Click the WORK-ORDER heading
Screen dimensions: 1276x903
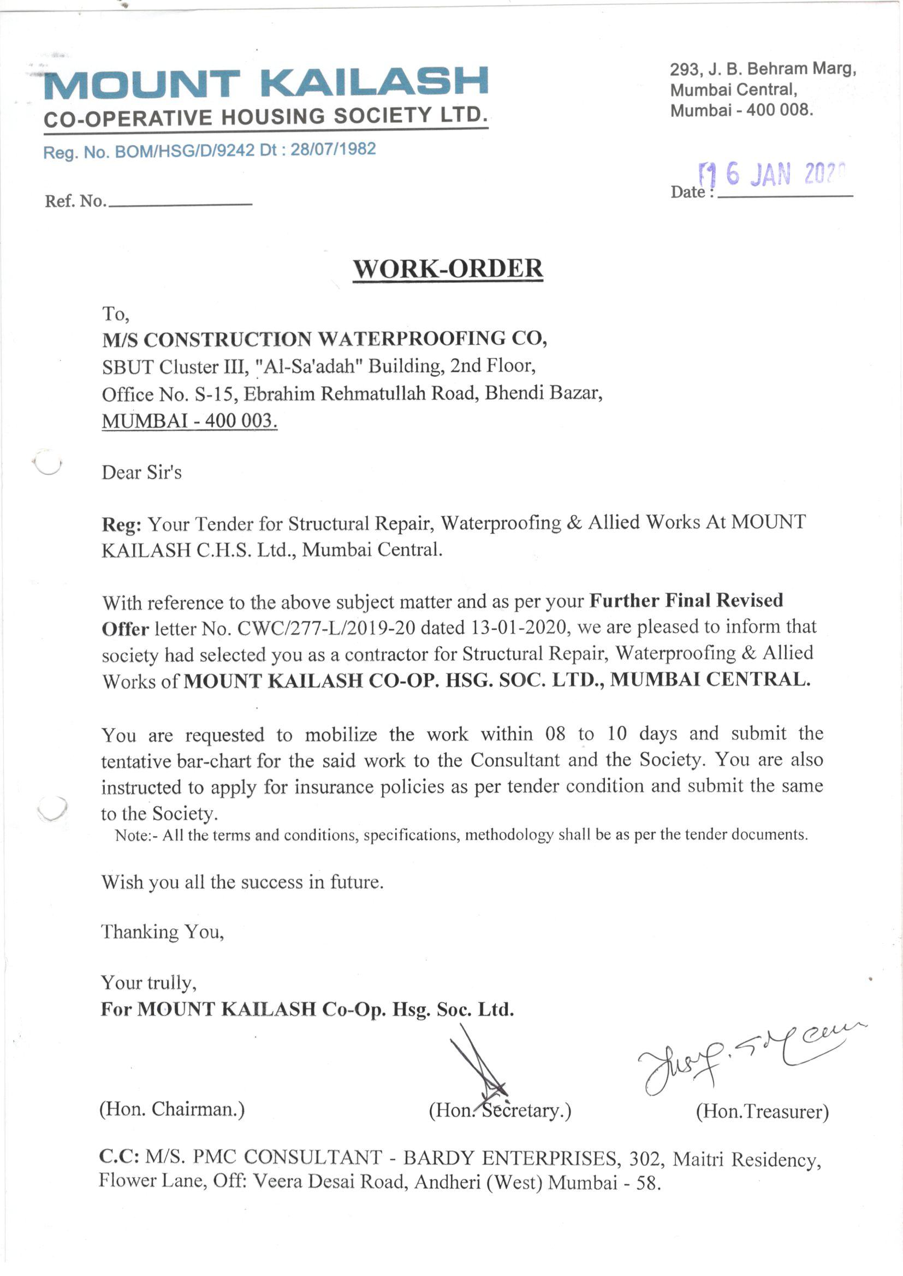[x=448, y=269]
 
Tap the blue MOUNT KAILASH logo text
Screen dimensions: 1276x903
[x=266, y=84]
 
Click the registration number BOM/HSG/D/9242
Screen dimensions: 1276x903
[x=185, y=151]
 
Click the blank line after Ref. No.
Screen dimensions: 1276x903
[x=180, y=202]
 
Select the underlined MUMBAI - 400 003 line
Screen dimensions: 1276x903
[x=189, y=421]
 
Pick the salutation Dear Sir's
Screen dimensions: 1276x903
[x=141, y=473]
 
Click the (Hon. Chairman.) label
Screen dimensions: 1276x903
[x=172, y=1110]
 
